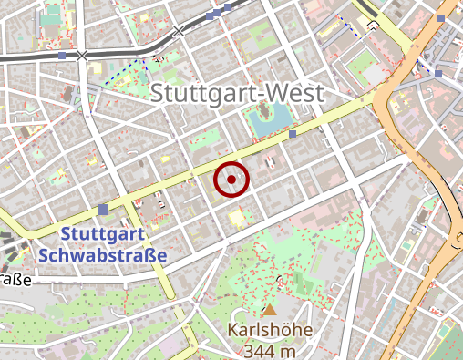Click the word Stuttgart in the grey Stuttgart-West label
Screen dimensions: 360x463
point(200,93)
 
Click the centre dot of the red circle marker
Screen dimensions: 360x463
point(231,180)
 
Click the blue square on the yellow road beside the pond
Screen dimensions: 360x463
point(293,135)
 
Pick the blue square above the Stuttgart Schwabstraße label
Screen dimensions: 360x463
point(103,210)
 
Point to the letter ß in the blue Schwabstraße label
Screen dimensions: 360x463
point(150,255)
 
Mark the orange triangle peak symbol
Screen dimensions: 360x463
point(270,311)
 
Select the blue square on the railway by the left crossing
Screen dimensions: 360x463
point(62,56)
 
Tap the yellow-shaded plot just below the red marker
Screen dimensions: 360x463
point(239,217)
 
